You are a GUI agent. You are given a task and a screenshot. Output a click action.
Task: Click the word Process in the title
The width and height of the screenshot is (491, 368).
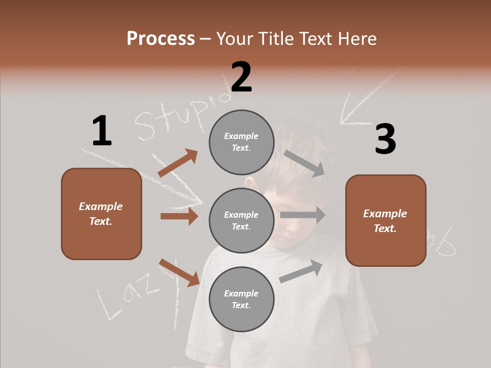[x=161, y=38]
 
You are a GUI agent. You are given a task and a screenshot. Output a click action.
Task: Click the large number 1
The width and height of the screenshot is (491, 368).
[x=101, y=131]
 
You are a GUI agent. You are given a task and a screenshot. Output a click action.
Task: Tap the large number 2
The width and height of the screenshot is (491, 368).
[x=241, y=77]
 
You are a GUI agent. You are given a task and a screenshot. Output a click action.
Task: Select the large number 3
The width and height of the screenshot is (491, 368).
[x=385, y=139]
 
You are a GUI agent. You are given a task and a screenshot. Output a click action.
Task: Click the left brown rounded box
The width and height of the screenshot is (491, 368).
[x=101, y=214]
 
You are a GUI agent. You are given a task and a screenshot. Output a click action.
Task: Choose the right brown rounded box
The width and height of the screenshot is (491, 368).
[x=386, y=221]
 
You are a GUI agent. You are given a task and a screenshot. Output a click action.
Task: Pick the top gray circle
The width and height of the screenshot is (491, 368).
[x=241, y=142]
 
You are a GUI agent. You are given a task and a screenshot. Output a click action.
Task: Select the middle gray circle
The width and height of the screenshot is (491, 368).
[x=241, y=220]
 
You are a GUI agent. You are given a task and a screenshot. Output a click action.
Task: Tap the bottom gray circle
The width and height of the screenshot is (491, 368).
[x=241, y=299]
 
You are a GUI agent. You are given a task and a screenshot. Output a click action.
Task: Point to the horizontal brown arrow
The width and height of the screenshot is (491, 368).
[x=179, y=216]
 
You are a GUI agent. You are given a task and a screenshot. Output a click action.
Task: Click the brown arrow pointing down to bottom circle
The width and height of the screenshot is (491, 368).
[x=179, y=272]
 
